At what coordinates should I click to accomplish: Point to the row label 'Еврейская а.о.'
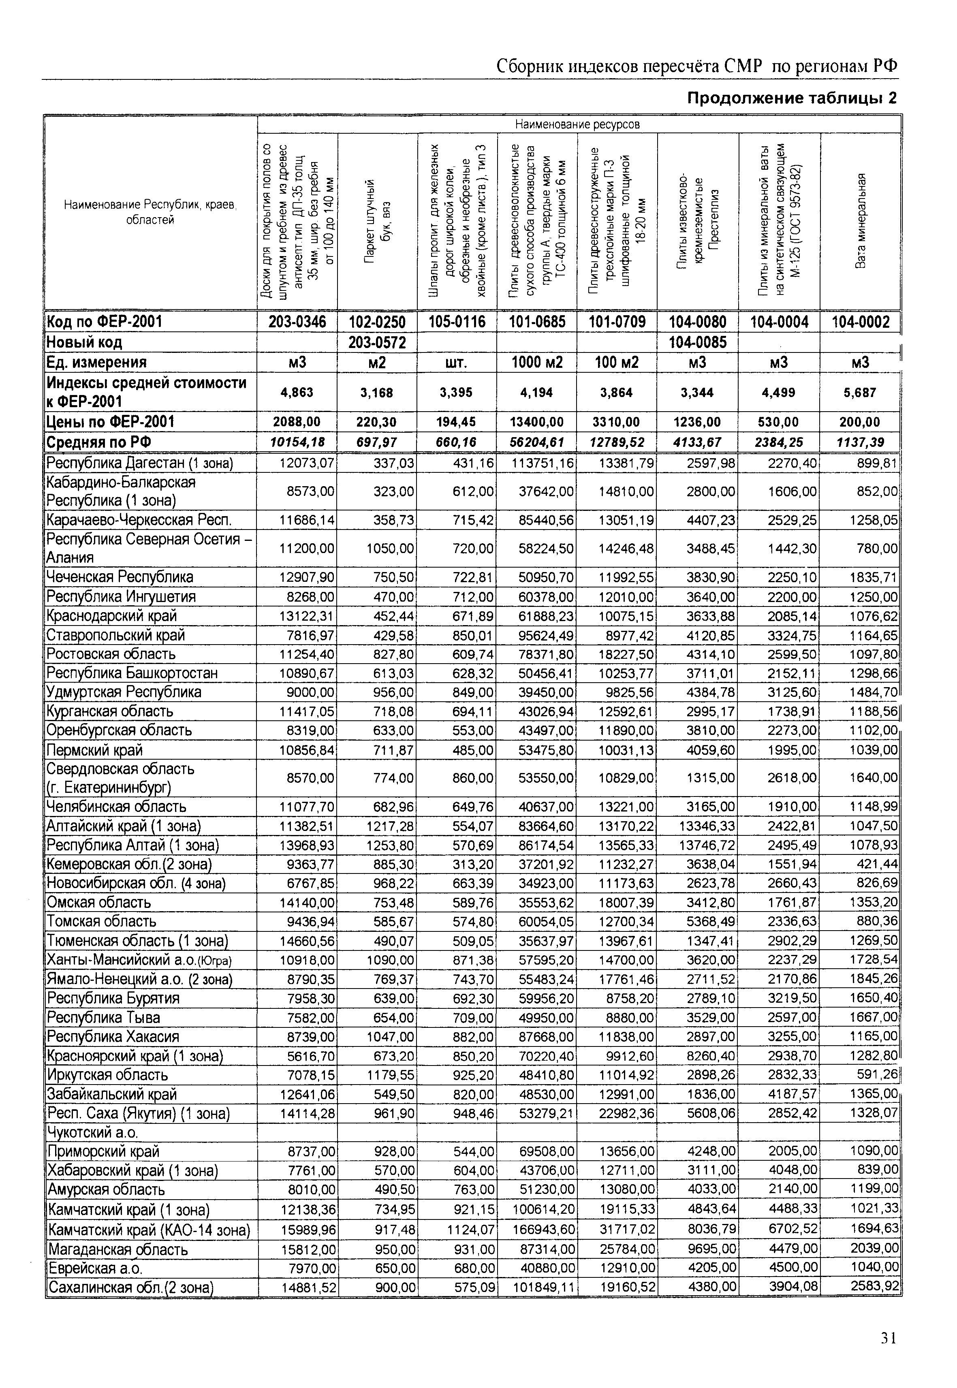pos(96,1268)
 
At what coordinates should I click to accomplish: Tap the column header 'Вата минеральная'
pos(861,221)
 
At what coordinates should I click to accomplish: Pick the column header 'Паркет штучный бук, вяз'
pos(377,221)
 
